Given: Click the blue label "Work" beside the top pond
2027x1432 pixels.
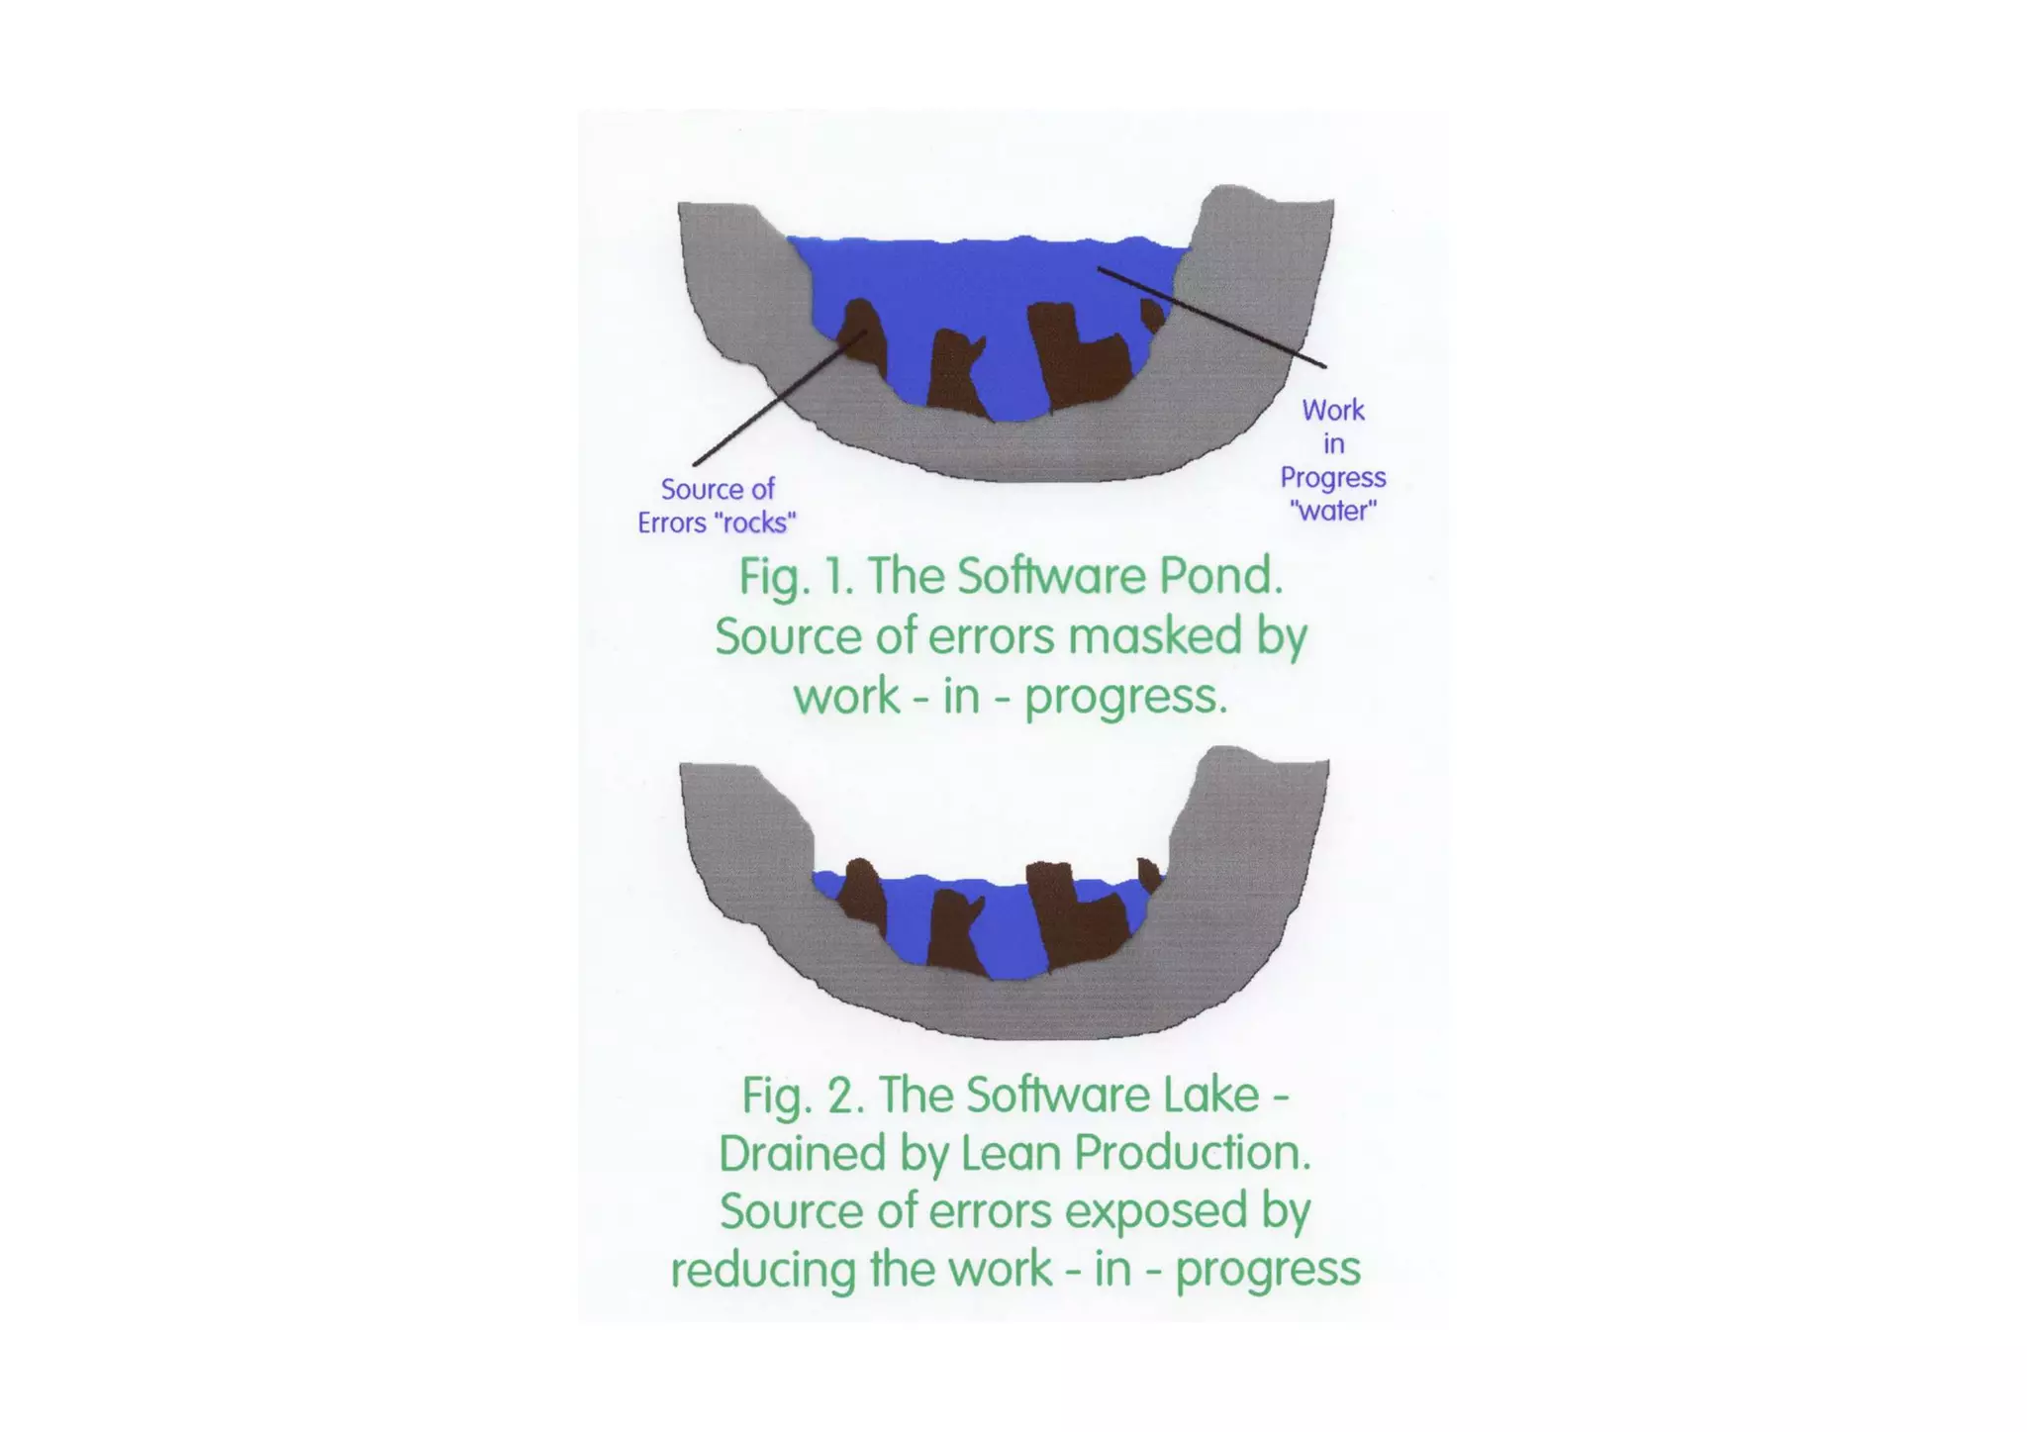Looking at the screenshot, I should point(1332,410).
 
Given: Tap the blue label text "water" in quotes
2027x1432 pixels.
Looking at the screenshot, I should point(1333,512).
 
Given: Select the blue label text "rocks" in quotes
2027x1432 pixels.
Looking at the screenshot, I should point(754,524).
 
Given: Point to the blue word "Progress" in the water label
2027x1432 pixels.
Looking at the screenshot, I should point(1332,478).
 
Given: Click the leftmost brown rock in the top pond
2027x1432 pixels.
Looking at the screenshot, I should point(863,336).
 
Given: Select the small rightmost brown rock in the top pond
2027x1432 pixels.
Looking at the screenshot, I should point(1151,316).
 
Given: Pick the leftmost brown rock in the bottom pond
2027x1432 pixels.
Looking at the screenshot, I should point(864,896).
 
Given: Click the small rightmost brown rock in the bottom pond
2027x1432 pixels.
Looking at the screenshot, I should point(1148,875).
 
